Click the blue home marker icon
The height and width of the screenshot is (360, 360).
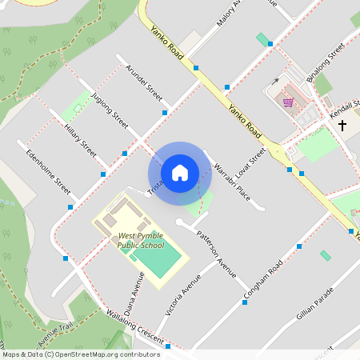click(x=179, y=172)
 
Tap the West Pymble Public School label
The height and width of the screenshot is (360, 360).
click(x=141, y=241)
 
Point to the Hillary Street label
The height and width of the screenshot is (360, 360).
click(x=81, y=141)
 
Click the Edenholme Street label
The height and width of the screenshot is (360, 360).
click(x=49, y=171)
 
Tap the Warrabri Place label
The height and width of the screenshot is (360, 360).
click(x=233, y=182)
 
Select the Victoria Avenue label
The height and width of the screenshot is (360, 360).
click(x=178, y=295)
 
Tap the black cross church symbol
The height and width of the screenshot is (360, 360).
click(x=342, y=125)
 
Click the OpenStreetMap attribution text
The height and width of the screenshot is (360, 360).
click(x=80, y=354)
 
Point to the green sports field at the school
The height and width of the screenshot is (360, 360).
click(x=162, y=262)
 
